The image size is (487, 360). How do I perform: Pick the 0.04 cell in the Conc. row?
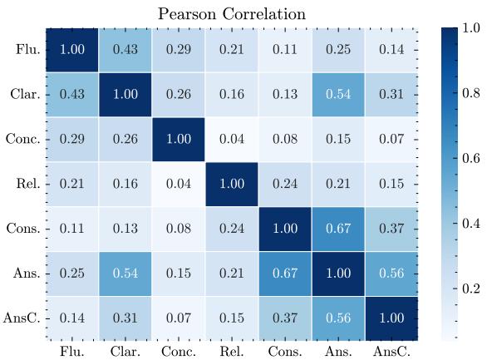(232, 139)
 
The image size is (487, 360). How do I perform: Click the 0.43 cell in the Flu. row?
(125, 49)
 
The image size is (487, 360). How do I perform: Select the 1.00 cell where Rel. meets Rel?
(232, 183)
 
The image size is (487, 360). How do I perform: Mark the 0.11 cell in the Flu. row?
(285, 49)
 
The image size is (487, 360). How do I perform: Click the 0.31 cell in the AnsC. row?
(125, 318)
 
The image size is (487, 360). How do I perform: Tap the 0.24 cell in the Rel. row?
(285, 183)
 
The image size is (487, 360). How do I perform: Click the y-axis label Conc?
(22, 139)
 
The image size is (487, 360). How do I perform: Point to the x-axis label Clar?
(125, 352)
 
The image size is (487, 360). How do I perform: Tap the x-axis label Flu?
(71, 352)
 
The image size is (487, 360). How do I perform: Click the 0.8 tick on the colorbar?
(471, 93)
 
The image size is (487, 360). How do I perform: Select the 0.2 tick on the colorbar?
(471, 288)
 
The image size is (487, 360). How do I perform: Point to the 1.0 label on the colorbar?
(471, 27)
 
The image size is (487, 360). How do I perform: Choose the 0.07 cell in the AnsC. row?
(178, 318)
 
